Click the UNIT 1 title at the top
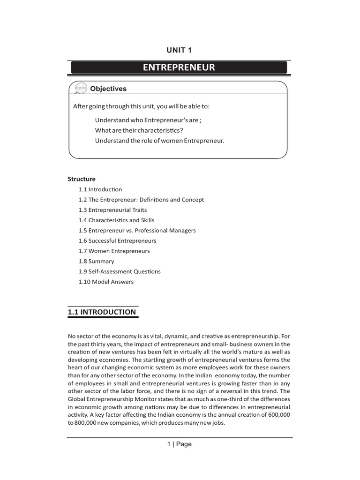(179, 50)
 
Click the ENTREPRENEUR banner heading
(179, 67)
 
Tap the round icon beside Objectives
(78, 89)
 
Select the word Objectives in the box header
(108, 89)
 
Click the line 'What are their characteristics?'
(139, 130)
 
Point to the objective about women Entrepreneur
(159, 141)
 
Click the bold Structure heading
(82, 179)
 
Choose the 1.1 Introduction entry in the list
(100, 189)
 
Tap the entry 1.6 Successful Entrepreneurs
(117, 241)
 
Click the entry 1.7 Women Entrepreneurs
(114, 251)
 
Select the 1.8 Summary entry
(97, 262)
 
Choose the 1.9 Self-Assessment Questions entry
(120, 272)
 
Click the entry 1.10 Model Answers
(106, 282)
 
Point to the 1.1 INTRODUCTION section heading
(102, 312)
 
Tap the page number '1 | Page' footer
(179, 444)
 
